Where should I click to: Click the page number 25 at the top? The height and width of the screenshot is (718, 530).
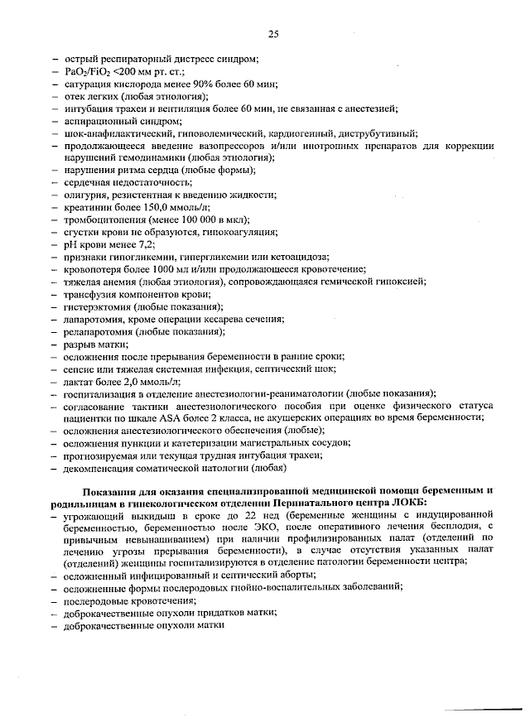pyautogui.click(x=273, y=34)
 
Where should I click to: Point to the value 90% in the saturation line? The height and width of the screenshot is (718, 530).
pyautogui.click(x=189, y=84)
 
